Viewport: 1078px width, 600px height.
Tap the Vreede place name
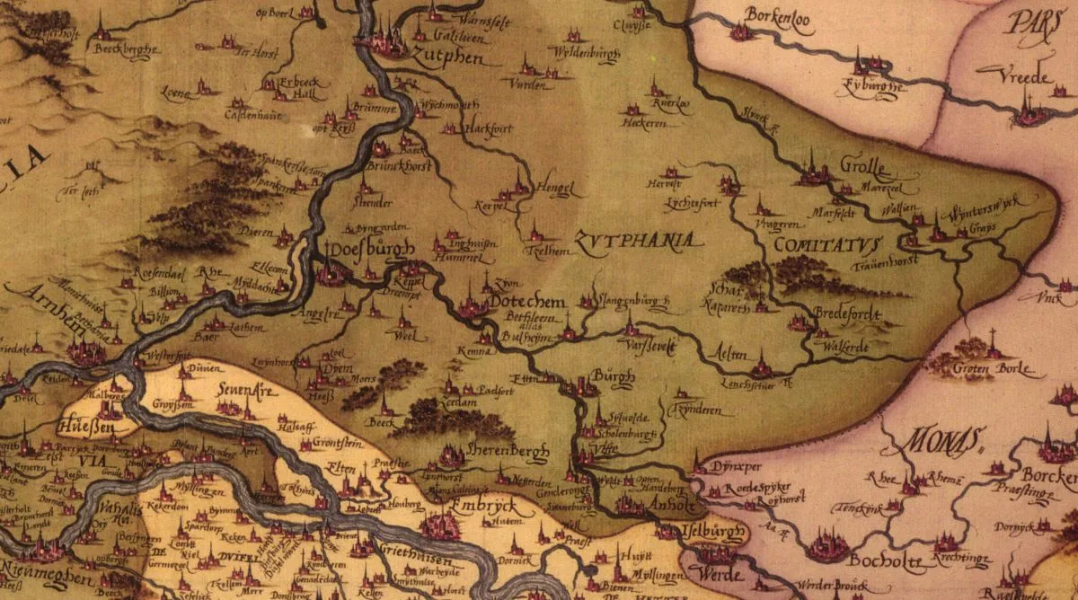click(1023, 78)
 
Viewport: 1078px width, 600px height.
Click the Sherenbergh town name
click(508, 454)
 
